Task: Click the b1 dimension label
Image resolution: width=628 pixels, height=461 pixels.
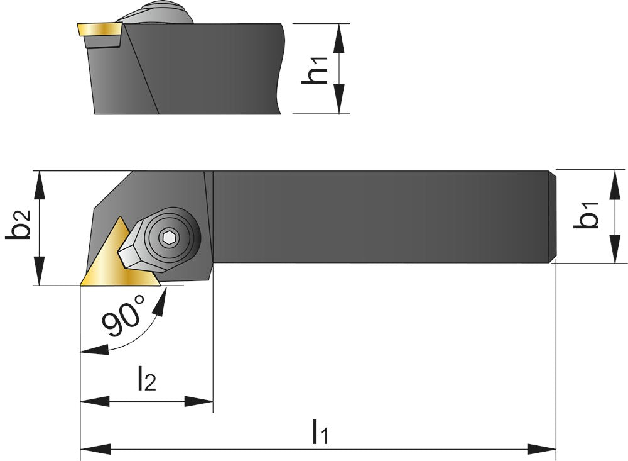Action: pos(588,216)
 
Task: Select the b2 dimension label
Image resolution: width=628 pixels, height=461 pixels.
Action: pos(18,227)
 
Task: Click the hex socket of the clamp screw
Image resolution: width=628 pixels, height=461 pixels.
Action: pos(169,237)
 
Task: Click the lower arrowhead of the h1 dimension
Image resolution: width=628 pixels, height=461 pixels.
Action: pos(340,101)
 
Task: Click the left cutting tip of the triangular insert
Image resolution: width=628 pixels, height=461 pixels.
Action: pos(82,284)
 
